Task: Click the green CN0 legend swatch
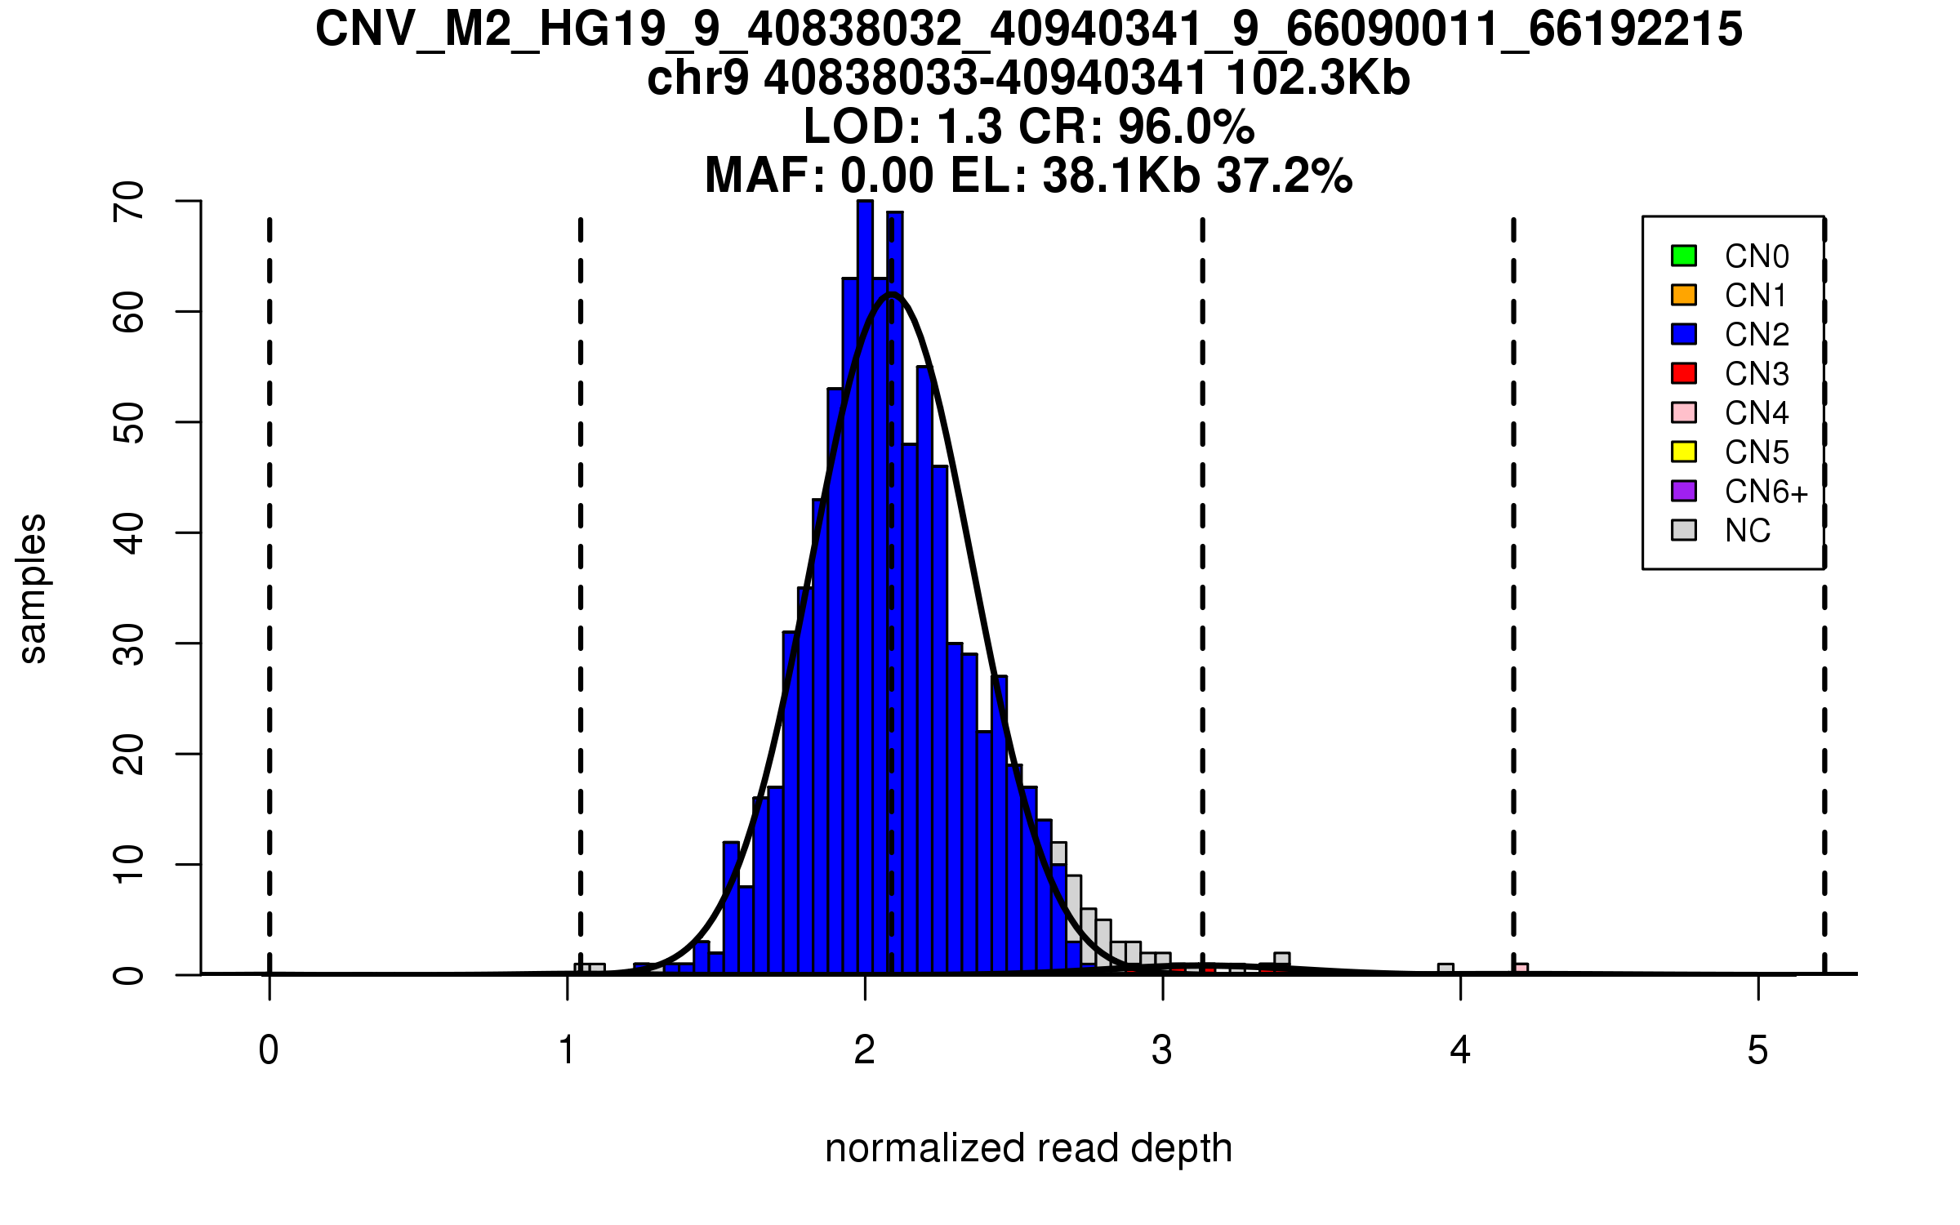(1684, 256)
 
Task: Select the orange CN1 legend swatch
(1684, 295)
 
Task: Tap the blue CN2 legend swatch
(1684, 334)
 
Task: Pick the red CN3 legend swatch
(1684, 373)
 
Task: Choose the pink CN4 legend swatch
(1684, 412)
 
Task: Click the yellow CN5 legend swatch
(1684, 452)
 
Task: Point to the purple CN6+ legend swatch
(1684, 491)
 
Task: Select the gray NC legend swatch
(1684, 530)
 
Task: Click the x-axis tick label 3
(1162, 1050)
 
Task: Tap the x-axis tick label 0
(269, 1050)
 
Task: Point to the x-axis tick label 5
(1757, 1050)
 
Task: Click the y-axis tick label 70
(129, 201)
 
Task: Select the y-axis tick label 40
(129, 533)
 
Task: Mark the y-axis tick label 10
(129, 864)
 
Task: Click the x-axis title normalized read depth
(1028, 1148)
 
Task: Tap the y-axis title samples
(33, 588)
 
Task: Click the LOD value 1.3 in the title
(969, 127)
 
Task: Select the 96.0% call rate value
(1186, 127)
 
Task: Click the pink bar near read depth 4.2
(1520, 969)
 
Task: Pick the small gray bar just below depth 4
(1445, 969)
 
